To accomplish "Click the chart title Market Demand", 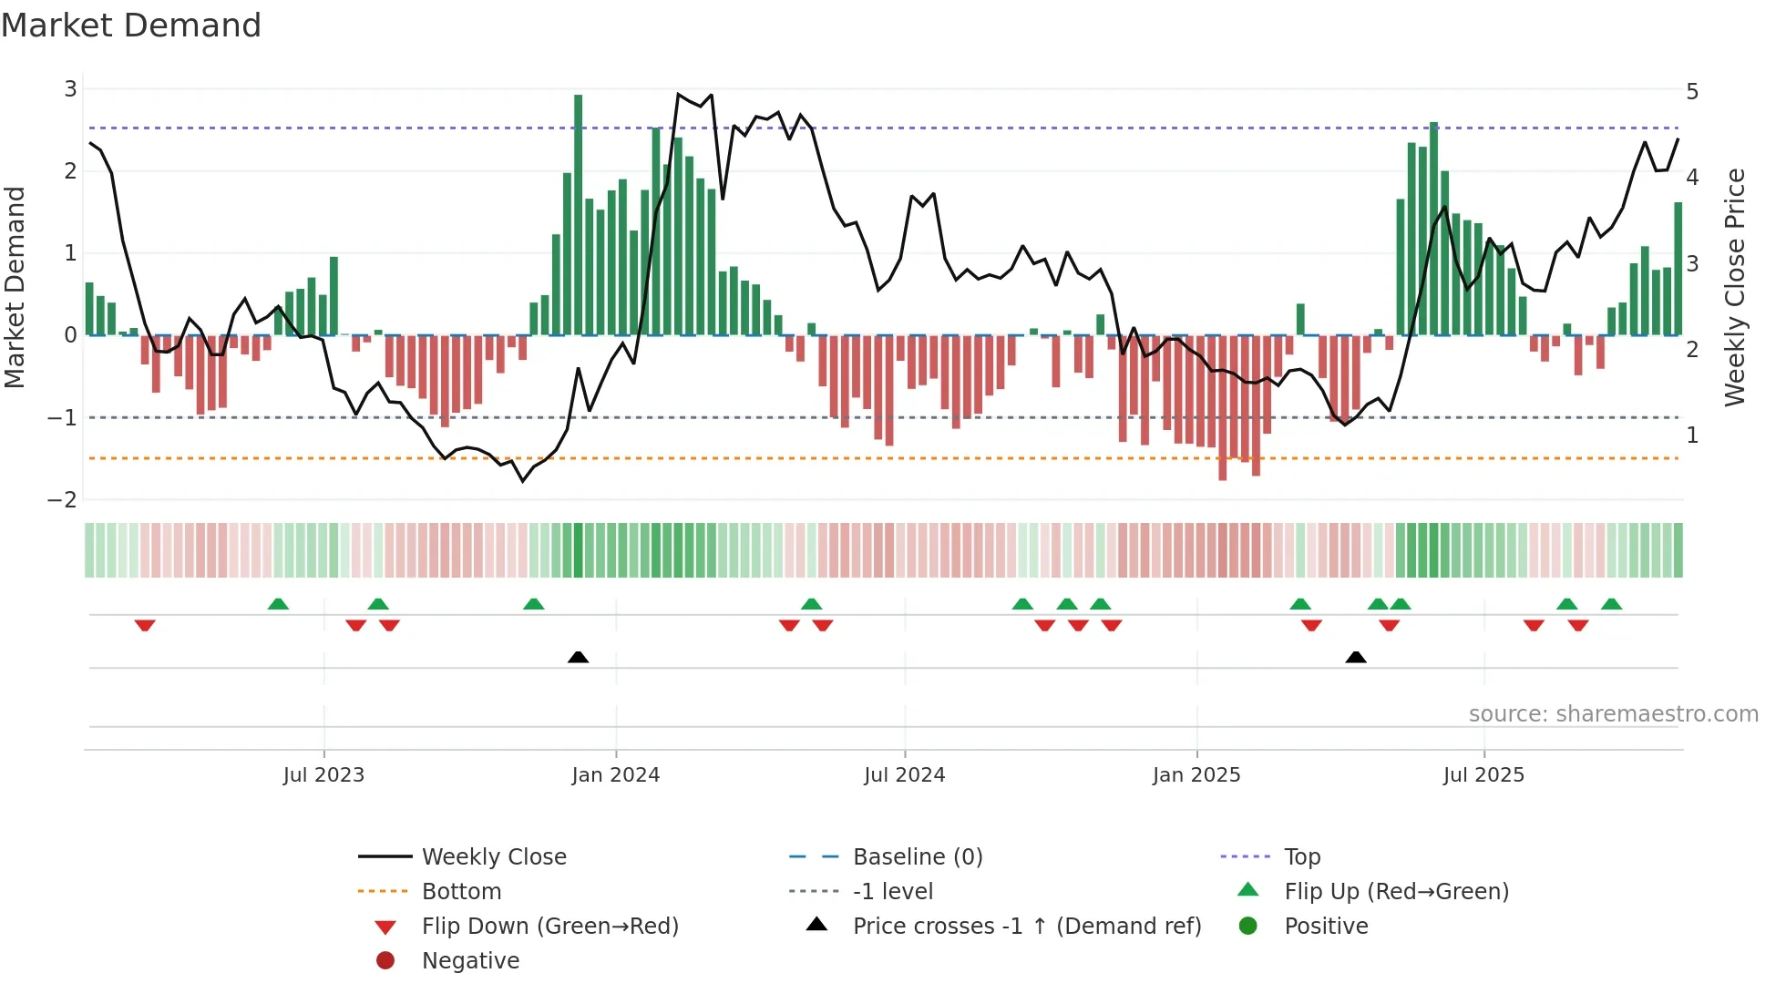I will point(131,26).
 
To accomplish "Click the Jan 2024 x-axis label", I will point(615,775).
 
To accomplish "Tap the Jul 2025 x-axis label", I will point(1483,775).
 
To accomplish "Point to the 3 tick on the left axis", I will point(70,89).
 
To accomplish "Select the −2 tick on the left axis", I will point(63,499).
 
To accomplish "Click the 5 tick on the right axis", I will point(1692,92).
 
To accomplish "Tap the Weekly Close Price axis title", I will point(1734,287).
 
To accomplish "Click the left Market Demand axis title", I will point(15,287).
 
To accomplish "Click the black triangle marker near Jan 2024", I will point(578,657).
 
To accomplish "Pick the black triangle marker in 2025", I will point(1355,657).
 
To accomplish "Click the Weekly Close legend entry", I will point(493,857).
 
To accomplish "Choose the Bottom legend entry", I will point(461,892).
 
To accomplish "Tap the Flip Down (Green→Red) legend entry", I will point(549,927).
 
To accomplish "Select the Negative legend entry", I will point(470,961).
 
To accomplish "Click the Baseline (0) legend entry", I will point(917,857).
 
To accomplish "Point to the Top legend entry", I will point(1301,857).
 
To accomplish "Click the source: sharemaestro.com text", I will point(1613,714).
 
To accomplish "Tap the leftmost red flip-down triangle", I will point(145,625).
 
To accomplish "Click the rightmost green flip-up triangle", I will point(1611,604).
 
